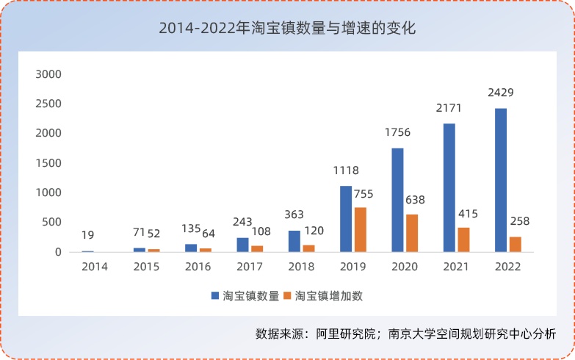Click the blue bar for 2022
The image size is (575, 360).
click(x=501, y=180)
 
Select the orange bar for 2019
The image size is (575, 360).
click(x=360, y=229)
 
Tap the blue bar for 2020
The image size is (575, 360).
click(x=397, y=200)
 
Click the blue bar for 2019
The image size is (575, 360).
click(x=346, y=219)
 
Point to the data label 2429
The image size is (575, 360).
click(x=501, y=93)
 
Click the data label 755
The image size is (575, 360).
click(x=364, y=194)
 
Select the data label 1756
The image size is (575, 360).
click(x=397, y=133)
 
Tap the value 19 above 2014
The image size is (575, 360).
click(x=87, y=236)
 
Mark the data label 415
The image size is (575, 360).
click(x=467, y=214)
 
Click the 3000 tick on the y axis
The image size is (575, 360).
click(x=49, y=74)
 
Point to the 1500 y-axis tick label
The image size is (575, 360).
click(x=49, y=163)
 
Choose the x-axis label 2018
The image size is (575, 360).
click(x=303, y=267)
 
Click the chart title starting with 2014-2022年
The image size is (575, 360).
click(x=287, y=29)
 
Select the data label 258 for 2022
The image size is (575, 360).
click(x=518, y=221)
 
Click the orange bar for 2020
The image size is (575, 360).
click(x=411, y=233)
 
